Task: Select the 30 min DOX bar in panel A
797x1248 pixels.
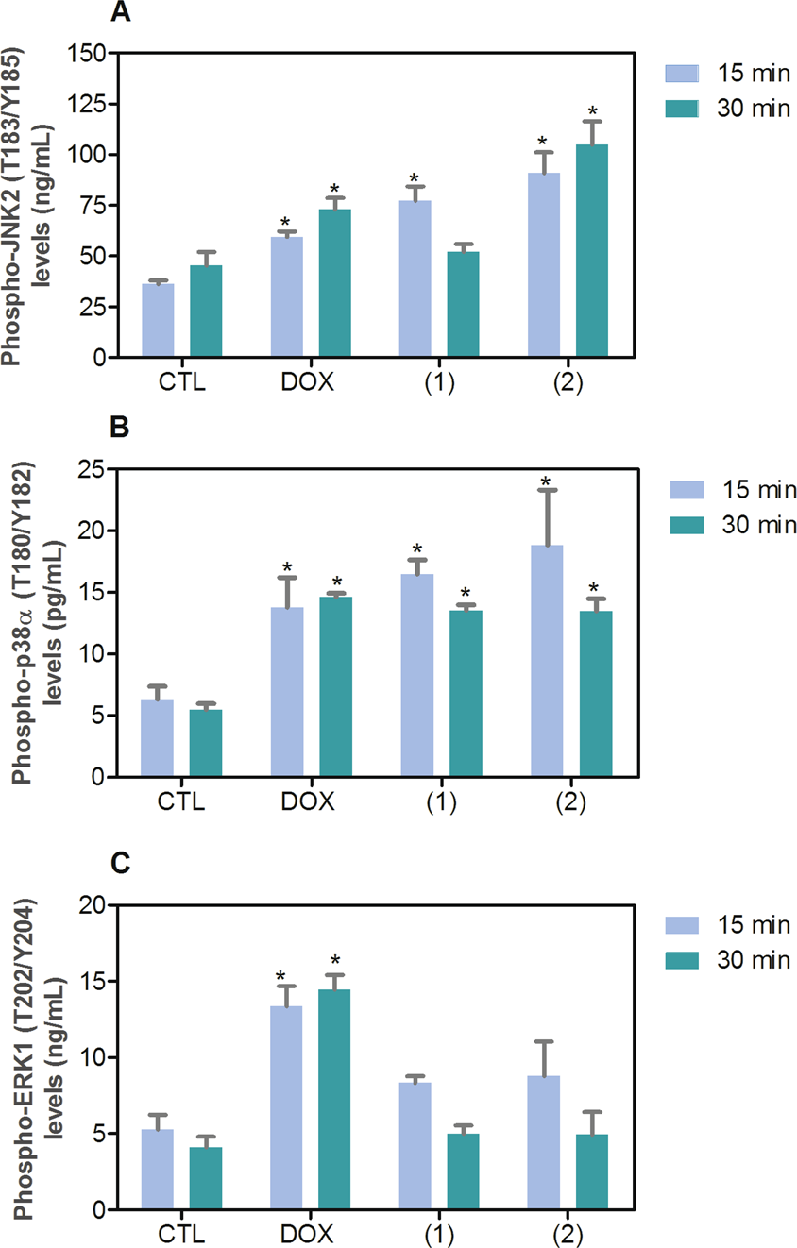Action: (334, 283)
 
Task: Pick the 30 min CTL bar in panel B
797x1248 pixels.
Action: (206, 743)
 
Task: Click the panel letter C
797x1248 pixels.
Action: (120, 863)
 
